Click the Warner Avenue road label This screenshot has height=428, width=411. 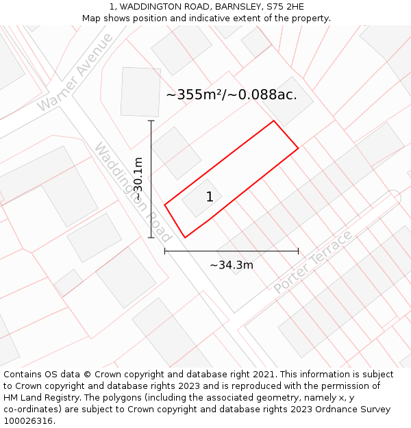[75, 72]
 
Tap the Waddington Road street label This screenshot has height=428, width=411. [132, 192]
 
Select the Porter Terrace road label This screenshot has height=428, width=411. [312, 262]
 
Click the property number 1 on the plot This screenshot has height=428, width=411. [210, 197]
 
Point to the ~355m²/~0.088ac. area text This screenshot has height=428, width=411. [232, 95]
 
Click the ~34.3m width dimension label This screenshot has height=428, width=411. [232, 265]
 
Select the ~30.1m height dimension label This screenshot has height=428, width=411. [138, 179]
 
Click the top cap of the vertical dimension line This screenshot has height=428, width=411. [151, 121]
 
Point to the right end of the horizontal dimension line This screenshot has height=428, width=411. [298, 251]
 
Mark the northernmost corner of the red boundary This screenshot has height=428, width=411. [274, 121]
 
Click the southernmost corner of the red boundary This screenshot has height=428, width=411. [185, 238]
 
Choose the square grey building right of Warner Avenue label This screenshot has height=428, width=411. [140, 92]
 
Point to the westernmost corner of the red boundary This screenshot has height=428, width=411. [164, 204]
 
